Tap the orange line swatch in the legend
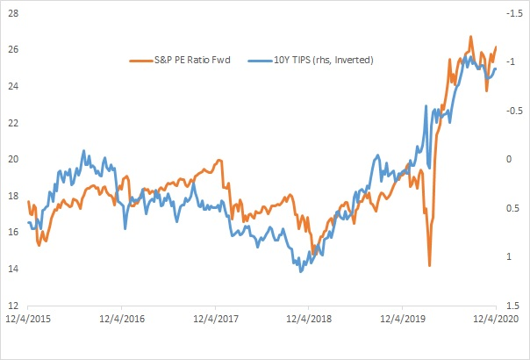tap(140, 60)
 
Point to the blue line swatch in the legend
tap(257, 60)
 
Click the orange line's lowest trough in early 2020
tap(429, 264)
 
